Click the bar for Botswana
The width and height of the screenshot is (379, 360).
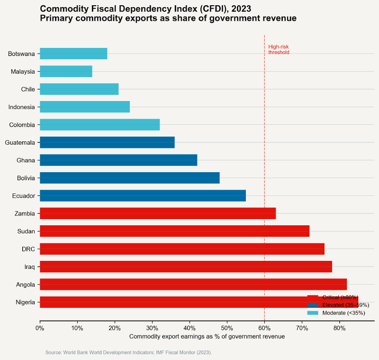[73, 54]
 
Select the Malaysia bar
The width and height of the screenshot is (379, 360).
[66, 72]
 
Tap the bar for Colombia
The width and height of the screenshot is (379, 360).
[99, 125]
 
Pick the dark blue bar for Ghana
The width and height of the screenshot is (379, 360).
[118, 160]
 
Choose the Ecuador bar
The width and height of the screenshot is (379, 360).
[143, 195]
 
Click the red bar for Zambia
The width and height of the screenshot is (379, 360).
[158, 213]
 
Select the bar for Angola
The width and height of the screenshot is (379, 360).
[193, 285]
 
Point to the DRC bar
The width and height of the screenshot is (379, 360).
[182, 249]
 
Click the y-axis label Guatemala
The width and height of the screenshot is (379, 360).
[20, 142]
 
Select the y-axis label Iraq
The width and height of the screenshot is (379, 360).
[29, 267]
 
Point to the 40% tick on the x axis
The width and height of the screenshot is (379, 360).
[189, 328]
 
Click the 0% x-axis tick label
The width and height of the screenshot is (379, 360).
[40, 328]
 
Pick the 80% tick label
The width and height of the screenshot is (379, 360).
[339, 328]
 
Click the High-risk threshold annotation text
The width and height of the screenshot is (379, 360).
[279, 49]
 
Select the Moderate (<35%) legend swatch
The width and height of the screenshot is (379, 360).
[313, 313]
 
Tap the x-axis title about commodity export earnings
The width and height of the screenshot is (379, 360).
[207, 336]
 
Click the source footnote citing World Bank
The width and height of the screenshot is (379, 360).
[128, 352]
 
